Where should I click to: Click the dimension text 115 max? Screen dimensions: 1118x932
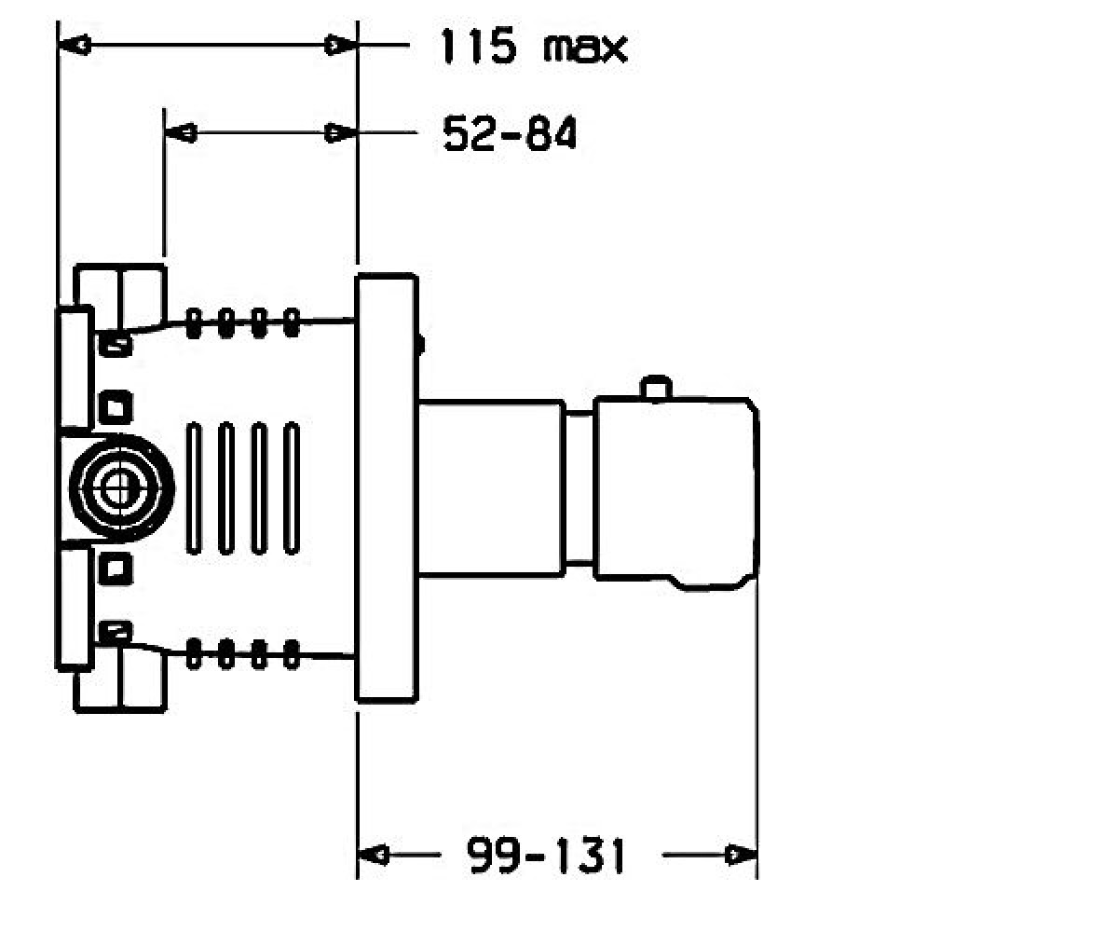(533, 48)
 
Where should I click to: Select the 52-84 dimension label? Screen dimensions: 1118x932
(510, 133)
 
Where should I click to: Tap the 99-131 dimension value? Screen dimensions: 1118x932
(546, 856)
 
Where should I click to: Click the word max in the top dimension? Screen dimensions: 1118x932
(585, 48)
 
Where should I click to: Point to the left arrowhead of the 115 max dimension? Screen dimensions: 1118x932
(74, 45)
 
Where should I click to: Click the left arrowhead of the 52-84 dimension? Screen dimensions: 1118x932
(181, 133)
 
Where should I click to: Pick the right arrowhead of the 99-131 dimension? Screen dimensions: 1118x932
(741, 855)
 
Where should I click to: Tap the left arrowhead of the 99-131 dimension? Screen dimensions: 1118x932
(374, 855)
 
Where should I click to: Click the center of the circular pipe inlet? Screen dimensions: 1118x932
(122, 489)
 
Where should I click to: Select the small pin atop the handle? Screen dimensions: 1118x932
(656, 388)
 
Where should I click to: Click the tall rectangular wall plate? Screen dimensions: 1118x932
(387, 488)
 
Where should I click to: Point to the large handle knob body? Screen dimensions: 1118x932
(676, 493)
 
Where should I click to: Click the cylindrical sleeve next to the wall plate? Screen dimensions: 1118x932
(492, 488)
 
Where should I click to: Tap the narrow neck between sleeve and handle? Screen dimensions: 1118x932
(579, 488)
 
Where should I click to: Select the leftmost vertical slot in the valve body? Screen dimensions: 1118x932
(194, 488)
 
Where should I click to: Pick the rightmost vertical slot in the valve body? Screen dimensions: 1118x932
(292, 488)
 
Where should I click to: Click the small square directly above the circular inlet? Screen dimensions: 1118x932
(116, 407)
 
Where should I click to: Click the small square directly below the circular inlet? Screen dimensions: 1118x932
(116, 569)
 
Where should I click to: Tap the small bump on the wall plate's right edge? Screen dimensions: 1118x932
(421, 345)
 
